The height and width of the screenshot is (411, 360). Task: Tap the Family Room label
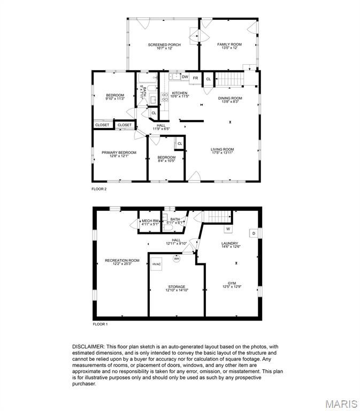point(229,44)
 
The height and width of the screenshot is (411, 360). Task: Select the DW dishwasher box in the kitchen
point(185,77)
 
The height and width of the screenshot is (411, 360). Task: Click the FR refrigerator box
point(196,78)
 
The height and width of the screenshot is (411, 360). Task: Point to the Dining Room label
point(230,98)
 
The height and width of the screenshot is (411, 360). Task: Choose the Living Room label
point(222,149)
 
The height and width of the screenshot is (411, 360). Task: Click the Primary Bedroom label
point(119,153)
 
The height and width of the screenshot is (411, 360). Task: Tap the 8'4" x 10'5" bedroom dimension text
point(166,161)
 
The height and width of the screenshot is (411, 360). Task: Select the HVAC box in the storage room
point(157,264)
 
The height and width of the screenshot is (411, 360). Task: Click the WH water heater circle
point(177,258)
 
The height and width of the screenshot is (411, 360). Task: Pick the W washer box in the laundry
point(227,229)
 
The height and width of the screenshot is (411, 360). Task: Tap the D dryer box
point(254,233)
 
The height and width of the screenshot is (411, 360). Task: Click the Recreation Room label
point(122,260)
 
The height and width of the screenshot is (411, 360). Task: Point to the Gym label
point(232,283)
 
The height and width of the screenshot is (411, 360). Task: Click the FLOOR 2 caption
point(99,189)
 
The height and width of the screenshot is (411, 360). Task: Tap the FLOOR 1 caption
point(100,324)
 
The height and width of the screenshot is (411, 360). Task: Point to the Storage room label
point(177,287)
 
